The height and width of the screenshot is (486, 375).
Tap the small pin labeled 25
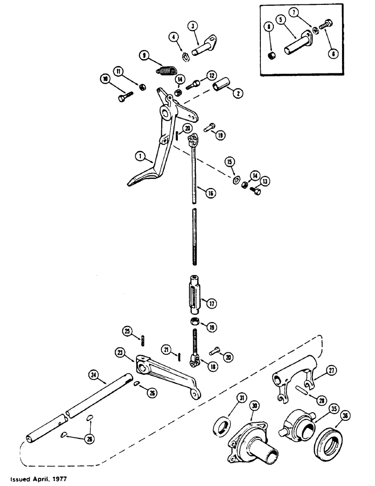coord(145,339)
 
